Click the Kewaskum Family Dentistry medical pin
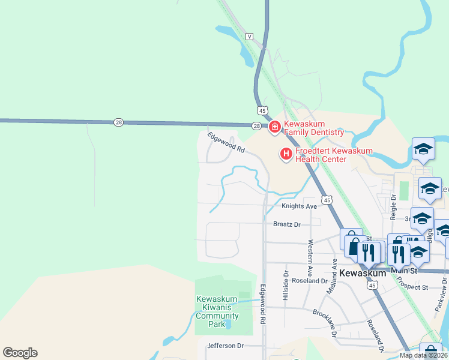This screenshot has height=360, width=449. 275,127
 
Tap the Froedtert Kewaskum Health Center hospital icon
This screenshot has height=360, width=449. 286,154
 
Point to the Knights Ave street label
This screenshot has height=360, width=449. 299,206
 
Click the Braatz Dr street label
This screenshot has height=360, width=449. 286,224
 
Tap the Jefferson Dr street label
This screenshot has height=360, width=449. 225,346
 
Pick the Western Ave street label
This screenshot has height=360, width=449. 310,254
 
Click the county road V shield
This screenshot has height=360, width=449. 249,37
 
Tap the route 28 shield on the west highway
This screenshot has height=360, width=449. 118,122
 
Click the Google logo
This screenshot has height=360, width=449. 20,353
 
